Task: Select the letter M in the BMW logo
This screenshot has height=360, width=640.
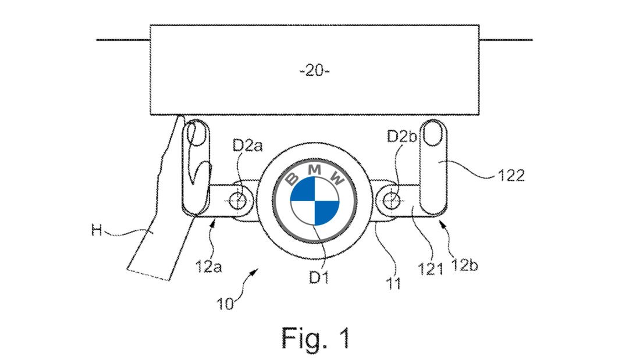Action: point(315,169)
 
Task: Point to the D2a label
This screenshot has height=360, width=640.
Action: point(245,146)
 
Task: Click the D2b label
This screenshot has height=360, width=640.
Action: point(401,138)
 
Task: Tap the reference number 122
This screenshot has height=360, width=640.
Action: point(512,175)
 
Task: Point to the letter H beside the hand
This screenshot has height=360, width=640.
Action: point(97,230)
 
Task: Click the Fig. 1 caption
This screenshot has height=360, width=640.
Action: point(316,337)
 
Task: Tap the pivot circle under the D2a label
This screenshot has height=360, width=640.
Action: point(238,199)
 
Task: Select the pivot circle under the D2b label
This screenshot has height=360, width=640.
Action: point(392,198)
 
